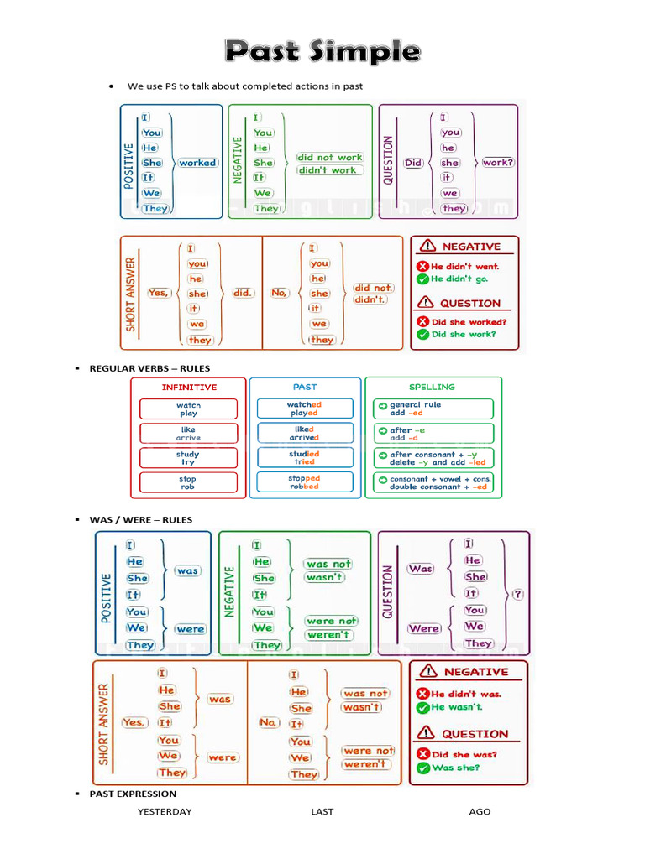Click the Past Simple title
(x=322, y=52)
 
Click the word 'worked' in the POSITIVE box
(x=197, y=163)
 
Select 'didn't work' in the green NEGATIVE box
(x=331, y=170)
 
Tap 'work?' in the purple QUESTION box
(x=498, y=163)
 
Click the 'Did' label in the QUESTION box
(x=413, y=163)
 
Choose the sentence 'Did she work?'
(x=463, y=334)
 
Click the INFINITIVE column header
(x=189, y=388)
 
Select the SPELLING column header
(x=432, y=388)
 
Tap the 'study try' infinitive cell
(x=188, y=458)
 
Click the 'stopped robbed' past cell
(x=304, y=482)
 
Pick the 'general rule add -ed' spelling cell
(x=433, y=409)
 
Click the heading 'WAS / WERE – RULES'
(x=141, y=520)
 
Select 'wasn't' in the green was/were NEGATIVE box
(x=325, y=578)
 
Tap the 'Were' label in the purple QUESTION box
(x=424, y=628)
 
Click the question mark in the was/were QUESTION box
(x=517, y=594)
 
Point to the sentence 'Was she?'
(x=457, y=768)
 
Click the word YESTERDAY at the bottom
(x=165, y=811)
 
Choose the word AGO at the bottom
(x=480, y=811)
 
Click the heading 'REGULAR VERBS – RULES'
(x=149, y=368)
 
